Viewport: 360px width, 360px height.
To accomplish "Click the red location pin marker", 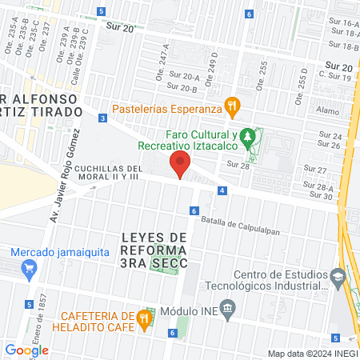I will tap(179, 166).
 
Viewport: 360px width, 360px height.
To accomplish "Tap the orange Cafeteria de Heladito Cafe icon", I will tap(144, 318).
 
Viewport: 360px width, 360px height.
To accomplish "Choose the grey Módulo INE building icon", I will tap(228, 308).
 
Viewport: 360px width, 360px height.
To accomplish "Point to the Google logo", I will tap(26, 350).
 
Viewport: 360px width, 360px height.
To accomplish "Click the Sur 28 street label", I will tap(239, 164).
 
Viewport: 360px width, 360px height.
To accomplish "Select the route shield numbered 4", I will tap(221, 191).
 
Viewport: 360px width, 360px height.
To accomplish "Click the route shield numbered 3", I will tap(102, 118).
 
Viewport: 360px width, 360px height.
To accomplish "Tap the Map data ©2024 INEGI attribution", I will tap(311, 354).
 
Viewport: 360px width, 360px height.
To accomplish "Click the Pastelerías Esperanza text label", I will tap(166, 108).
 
